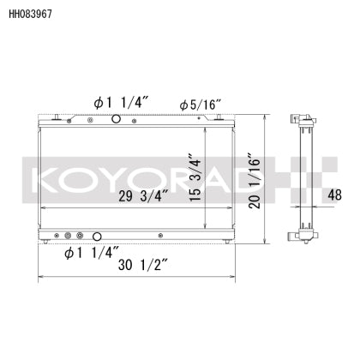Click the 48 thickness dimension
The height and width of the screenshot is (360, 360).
tap(337, 195)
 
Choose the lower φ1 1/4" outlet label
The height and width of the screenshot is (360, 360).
tap(90, 253)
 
